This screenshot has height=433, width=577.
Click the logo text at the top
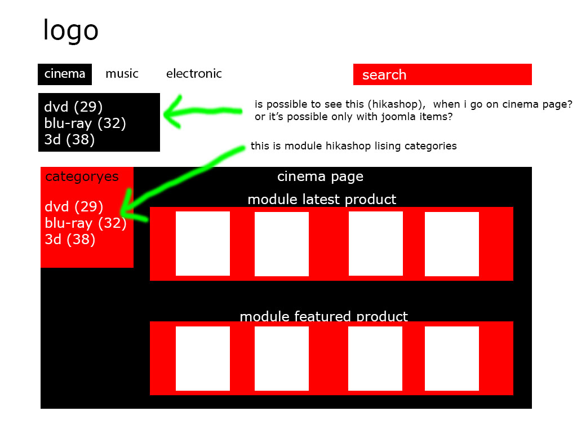[70, 30]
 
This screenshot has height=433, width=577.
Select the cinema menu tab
[65, 74]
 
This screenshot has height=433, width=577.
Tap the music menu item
[122, 74]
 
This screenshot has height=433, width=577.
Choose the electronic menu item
[194, 74]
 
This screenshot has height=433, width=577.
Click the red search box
[442, 74]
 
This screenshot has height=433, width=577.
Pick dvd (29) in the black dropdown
[73, 107]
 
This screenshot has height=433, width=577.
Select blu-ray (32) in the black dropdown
[85, 123]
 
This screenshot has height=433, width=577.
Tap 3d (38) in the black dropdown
[69, 139]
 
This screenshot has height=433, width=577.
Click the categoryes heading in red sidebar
[82, 177]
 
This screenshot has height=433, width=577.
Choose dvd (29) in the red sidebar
[74, 207]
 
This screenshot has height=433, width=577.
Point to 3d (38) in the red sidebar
[70, 240]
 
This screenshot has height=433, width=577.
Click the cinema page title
[320, 177]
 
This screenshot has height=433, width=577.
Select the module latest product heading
[322, 200]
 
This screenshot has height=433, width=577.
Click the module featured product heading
[323, 316]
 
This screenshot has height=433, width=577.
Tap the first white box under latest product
[203, 244]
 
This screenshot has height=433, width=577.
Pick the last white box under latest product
[451, 244]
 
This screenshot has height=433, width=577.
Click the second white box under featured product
[281, 359]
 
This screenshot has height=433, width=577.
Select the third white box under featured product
[375, 359]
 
